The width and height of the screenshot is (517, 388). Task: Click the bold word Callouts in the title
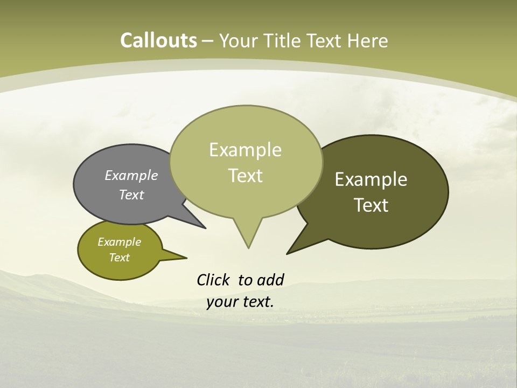click(158, 40)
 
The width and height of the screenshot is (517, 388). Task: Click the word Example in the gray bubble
click(131, 175)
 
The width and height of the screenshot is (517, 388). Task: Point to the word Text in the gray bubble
click(131, 195)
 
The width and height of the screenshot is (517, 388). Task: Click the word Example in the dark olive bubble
click(371, 179)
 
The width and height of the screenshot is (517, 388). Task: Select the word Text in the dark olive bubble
click(371, 205)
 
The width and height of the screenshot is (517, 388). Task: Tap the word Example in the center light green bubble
click(245, 150)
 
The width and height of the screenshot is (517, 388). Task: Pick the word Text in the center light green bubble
click(245, 176)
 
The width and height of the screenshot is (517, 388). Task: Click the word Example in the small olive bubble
click(119, 242)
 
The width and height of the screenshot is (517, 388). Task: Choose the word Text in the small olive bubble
click(119, 258)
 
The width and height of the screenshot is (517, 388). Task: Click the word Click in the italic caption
click(213, 280)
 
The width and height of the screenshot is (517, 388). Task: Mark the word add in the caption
click(270, 280)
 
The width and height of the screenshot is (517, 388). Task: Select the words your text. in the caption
click(240, 302)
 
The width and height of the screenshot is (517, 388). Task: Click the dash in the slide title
click(208, 41)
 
